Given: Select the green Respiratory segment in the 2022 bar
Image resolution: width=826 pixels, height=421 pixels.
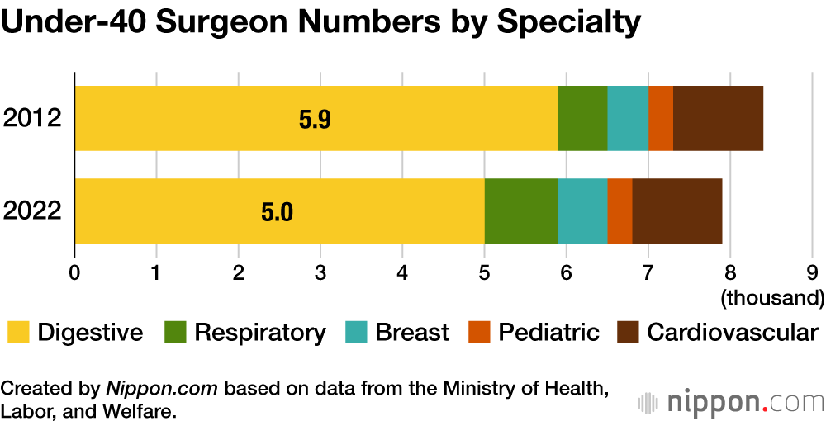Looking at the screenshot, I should click(521, 211).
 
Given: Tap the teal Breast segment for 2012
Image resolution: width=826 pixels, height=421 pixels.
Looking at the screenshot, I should click(628, 118).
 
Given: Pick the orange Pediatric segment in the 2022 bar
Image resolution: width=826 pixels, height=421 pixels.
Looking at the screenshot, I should click(619, 211).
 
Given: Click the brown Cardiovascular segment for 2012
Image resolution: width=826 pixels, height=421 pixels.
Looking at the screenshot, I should click(718, 118).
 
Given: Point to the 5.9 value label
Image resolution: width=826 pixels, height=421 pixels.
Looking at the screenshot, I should click(315, 121).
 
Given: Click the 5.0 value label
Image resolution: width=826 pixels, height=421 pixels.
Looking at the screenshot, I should click(277, 213).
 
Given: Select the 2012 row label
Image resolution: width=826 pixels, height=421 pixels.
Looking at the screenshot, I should click(32, 118).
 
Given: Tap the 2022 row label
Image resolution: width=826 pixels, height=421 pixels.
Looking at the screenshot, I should click(32, 211).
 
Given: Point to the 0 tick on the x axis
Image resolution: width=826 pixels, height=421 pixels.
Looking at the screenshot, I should click(75, 271).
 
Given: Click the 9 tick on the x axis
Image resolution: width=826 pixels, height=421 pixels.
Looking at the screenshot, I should click(812, 271).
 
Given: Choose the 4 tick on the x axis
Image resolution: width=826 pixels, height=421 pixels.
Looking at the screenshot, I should click(402, 271).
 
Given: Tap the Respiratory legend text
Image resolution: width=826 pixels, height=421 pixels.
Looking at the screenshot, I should click(260, 333).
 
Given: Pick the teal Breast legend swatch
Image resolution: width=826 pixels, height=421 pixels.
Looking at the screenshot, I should click(356, 333).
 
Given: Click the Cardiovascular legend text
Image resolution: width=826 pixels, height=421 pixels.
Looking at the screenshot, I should click(733, 333).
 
